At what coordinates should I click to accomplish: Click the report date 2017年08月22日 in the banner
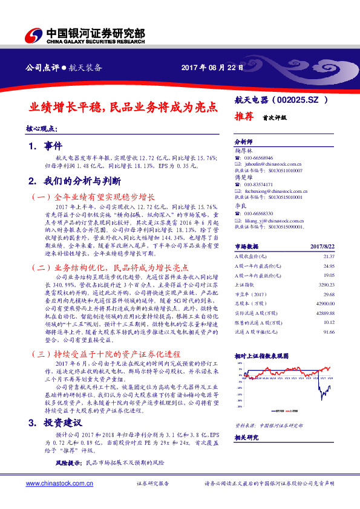pyautogui.click(x=212, y=68)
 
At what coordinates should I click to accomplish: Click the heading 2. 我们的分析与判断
pyautogui.click(x=75, y=181)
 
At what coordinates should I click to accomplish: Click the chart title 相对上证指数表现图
pyautogui.click(x=261, y=357)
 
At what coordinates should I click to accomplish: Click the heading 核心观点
pyautogui.click(x=41, y=129)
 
